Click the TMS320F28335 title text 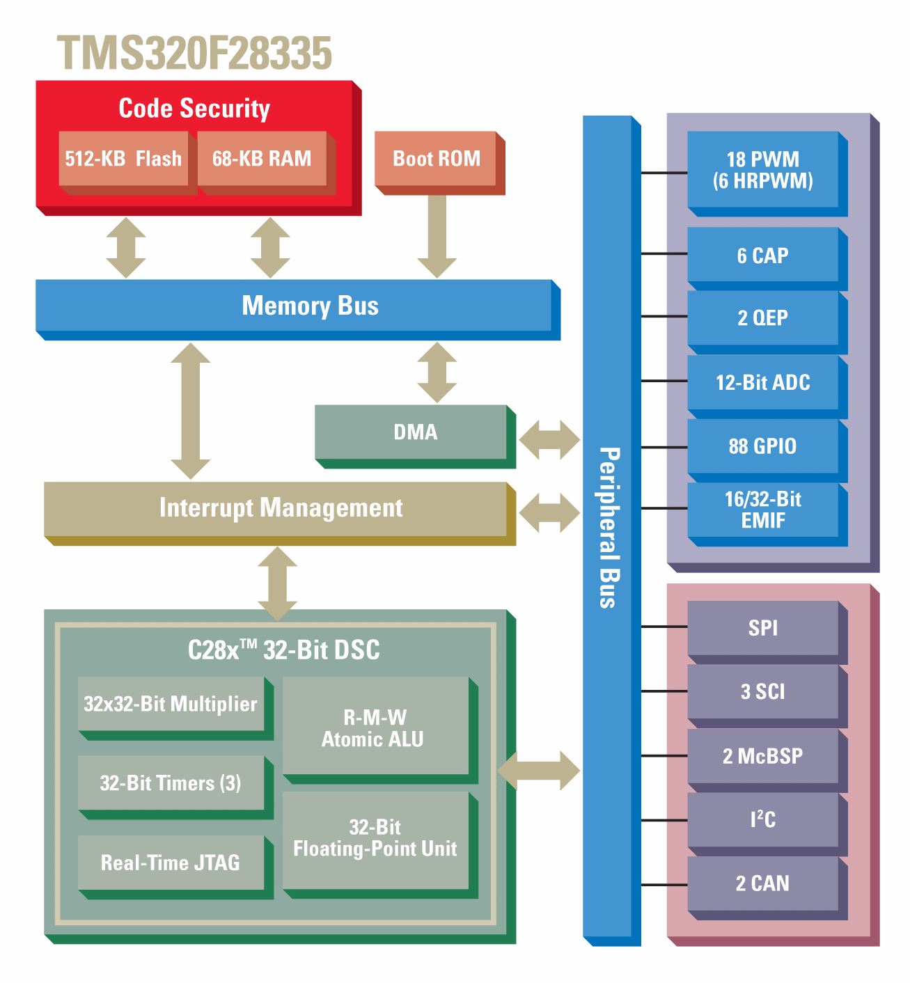[x=194, y=54]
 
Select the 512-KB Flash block [x=123, y=159]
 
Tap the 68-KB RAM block [x=262, y=159]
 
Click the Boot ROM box [x=437, y=159]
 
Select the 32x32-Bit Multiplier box [x=171, y=704]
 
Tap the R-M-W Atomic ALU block [x=375, y=728]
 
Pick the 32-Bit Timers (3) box [x=171, y=783]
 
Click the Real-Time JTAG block [x=171, y=863]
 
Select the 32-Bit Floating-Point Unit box [x=375, y=839]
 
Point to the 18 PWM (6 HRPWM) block [x=763, y=170]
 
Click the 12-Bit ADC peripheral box [x=763, y=382]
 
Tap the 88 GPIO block [x=763, y=446]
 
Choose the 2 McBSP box [x=763, y=756]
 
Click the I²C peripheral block [x=763, y=819]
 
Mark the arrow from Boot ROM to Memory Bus [x=437, y=237]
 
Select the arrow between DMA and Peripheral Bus [x=549, y=439]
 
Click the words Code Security [x=194, y=109]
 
